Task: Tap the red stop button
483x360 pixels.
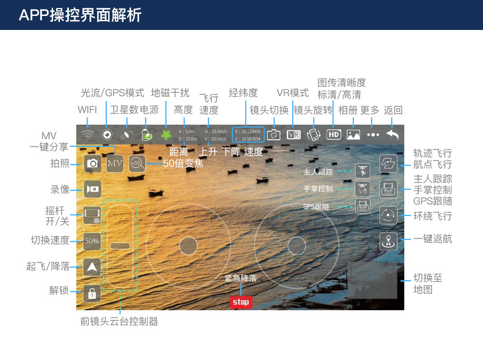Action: click(x=241, y=302)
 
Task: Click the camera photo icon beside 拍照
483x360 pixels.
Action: click(x=92, y=163)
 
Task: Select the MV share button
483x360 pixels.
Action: click(x=115, y=163)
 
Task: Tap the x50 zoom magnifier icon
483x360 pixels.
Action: click(x=137, y=163)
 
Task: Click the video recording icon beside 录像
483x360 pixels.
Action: click(x=92, y=188)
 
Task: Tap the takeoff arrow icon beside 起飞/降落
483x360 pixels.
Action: click(x=92, y=267)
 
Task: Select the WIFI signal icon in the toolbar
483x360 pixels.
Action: click(x=87, y=135)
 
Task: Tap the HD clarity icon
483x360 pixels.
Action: click(x=334, y=135)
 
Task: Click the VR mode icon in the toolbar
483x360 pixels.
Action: click(x=294, y=135)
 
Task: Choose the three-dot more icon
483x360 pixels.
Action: click(x=373, y=135)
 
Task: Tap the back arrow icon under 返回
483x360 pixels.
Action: click(x=393, y=135)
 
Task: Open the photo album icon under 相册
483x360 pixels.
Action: click(x=354, y=135)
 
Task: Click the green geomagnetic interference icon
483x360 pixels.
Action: click(x=166, y=135)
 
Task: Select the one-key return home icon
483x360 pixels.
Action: click(x=388, y=241)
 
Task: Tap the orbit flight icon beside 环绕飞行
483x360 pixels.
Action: click(x=388, y=215)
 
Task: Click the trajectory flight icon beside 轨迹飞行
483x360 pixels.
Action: click(x=388, y=163)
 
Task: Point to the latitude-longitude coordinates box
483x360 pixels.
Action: click(x=248, y=135)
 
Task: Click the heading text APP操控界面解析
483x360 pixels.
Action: click(x=80, y=15)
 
